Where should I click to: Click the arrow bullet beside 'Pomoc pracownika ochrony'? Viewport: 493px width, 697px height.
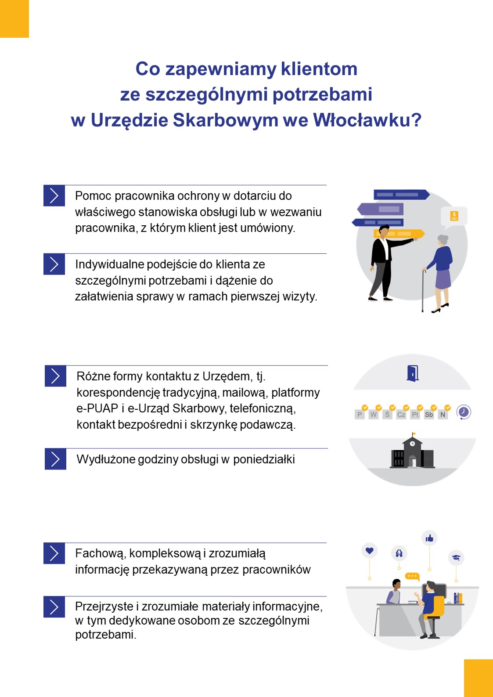pyautogui.click(x=54, y=195)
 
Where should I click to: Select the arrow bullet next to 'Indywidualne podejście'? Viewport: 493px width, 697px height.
pyautogui.click(x=54, y=264)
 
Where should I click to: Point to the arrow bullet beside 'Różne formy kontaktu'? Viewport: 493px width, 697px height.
pyautogui.click(x=56, y=376)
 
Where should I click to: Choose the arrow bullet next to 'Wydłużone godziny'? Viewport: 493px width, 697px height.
pyautogui.click(x=56, y=459)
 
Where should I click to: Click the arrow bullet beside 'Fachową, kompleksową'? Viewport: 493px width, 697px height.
pyautogui.click(x=54, y=553)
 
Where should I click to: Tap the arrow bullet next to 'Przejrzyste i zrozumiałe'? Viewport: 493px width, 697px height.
pyautogui.click(x=54, y=607)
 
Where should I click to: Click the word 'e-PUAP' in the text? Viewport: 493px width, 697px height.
pyautogui.click(x=97, y=408)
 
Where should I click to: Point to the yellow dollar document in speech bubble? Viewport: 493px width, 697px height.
pyautogui.click(x=454, y=216)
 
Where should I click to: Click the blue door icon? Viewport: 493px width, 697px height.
pyautogui.click(x=413, y=373)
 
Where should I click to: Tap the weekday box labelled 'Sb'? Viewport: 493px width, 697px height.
pyautogui.click(x=429, y=415)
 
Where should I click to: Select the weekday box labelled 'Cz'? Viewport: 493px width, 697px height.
pyautogui.click(x=401, y=415)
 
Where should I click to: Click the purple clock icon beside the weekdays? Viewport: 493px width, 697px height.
pyautogui.click(x=464, y=412)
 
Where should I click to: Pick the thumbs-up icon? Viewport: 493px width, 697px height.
pyautogui.click(x=429, y=538)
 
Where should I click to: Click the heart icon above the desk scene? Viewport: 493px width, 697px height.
pyautogui.click(x=370, y=550)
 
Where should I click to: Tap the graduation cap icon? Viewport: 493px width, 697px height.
pyautogui.click(x=456, y=558)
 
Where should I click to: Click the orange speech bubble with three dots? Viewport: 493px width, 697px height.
pyautogui.click(x=412, y=576)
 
